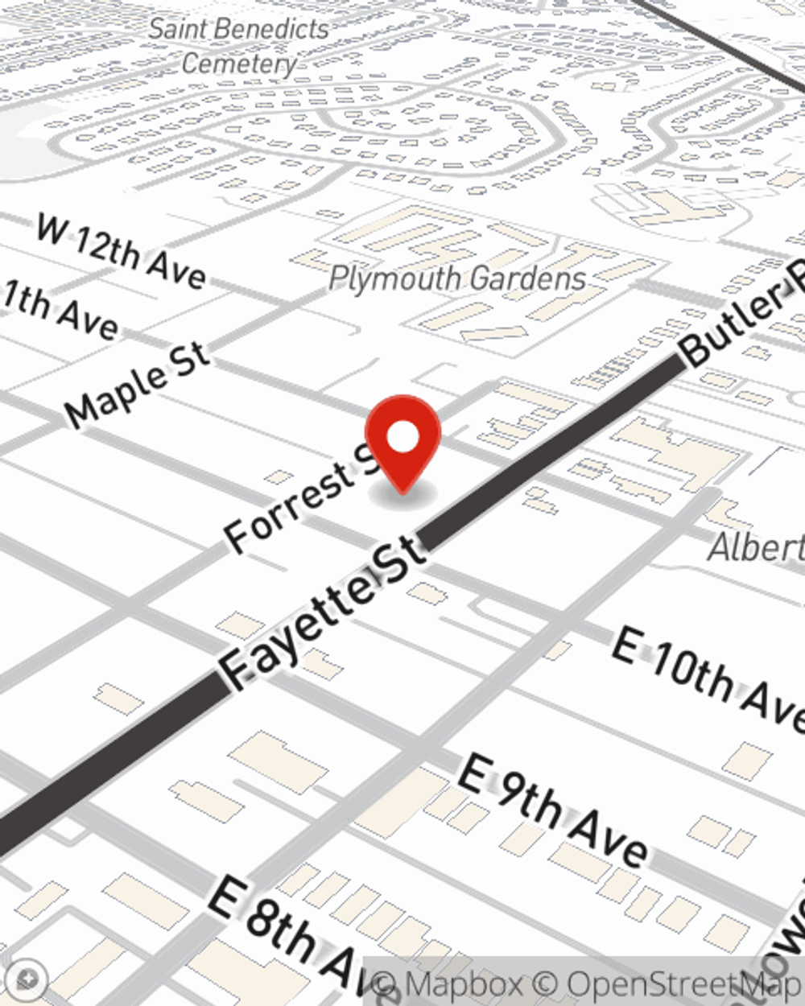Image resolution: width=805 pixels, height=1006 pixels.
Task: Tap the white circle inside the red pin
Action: click(402, 438)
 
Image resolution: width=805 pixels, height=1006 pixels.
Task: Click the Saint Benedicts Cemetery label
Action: click(239, 46)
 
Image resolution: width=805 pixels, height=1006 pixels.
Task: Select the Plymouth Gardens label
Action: click(457, 278)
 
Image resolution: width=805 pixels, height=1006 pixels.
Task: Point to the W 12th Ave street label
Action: click(121, 251)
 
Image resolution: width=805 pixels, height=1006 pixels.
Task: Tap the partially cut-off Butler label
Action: click(741, 314)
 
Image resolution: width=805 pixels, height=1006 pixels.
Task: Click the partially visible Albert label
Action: click(757, 547)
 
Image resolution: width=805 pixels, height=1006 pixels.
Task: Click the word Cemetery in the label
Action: click(239, 63)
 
